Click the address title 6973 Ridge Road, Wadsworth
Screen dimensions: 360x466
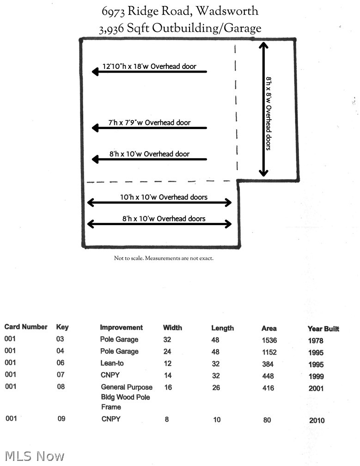(180, 11)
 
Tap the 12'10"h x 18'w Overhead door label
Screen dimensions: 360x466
(149, 66)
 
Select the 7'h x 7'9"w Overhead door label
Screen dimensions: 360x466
(149, 123)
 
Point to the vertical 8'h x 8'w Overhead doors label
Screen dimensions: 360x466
(268, 114)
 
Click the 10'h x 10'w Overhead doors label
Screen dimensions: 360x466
(164, 197)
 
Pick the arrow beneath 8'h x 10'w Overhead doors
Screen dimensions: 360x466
(159, 224)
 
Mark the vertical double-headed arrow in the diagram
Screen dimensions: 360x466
(263, 109)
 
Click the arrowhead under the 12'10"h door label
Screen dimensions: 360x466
(95, 72)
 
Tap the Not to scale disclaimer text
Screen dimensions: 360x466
(164, 258)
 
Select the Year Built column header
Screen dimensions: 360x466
(323, 329)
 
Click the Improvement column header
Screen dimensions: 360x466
(121, 327)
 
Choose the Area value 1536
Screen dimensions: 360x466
(269, 340)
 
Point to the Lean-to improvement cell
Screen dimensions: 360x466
(112, 363)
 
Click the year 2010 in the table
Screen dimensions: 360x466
(317, 420)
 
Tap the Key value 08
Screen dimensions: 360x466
(61, 386)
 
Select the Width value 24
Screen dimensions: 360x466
(167, 351)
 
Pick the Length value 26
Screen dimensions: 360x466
(216, 387)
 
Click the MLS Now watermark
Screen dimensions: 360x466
(35, 456)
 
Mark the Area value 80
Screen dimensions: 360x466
(267, 420)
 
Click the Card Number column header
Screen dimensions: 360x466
(26, 327)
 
